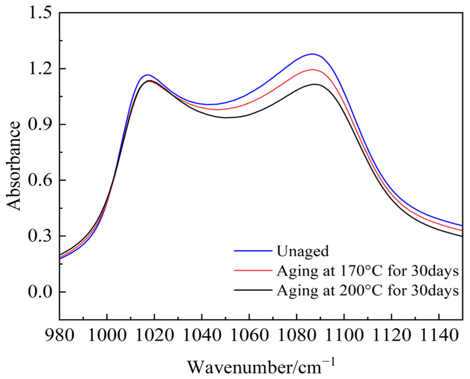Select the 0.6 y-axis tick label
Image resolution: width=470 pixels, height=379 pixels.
[x=40, y=181]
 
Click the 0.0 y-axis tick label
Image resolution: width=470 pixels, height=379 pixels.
[x=40, y=292]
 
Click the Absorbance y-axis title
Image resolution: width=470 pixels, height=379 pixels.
[x=13, y=166]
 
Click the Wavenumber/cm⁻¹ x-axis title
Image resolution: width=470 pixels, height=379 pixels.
[x=261, y=367]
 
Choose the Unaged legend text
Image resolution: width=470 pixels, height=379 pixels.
[x=303, y=251]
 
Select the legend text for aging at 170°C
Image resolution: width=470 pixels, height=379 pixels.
[x=368, y=271]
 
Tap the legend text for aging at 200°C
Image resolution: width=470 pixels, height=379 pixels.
[x=368, y=290]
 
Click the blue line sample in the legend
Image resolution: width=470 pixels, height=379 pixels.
[x=253, y=251]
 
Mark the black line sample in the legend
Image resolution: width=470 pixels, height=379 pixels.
[x=253, y=290]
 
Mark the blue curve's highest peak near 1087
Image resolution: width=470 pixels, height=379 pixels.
[x=313, y=54]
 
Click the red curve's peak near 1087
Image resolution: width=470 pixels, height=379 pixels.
[x=313, y=70]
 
